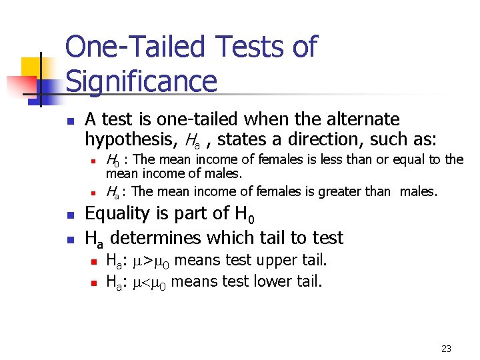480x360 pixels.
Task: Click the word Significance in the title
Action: coord(141,82)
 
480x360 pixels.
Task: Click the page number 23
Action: coord(446,348)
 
